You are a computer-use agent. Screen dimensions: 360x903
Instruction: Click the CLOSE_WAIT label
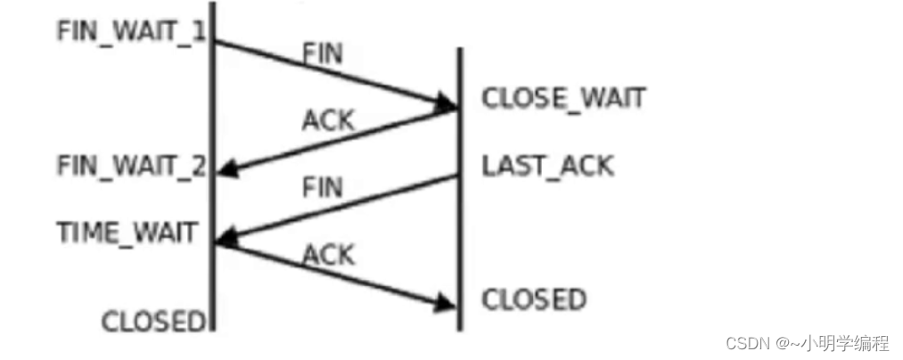[x=563, y=98]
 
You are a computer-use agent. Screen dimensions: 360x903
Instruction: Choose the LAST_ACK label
[x=547, y=166]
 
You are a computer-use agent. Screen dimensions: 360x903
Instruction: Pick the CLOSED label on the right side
[x=534, y=299]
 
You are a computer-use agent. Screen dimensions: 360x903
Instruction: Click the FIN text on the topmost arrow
[x=323, y=53]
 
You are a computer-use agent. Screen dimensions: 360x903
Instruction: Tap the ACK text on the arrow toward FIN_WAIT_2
[x=328, y=120]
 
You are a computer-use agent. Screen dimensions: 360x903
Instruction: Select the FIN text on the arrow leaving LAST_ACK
[x=323, y=187]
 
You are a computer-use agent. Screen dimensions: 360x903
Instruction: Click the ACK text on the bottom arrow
[x=328, y=255]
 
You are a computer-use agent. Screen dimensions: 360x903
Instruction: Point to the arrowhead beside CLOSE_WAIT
[x=447, y=105]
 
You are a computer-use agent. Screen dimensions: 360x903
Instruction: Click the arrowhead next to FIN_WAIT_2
[x=225, y=168]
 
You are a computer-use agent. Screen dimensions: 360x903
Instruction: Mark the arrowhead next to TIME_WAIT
[x=225, y=237]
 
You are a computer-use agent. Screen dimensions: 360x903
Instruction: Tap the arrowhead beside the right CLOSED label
[x=447, y=305]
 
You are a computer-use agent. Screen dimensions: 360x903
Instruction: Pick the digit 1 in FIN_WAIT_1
[x=199, y=31]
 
